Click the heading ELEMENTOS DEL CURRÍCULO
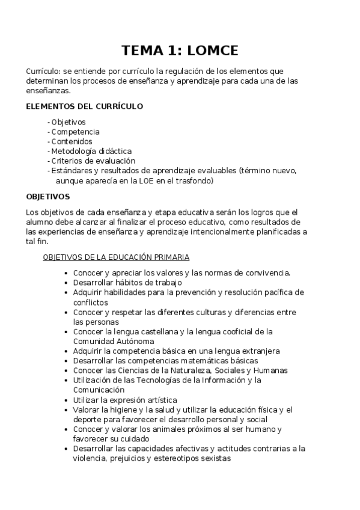click(x=84, y=106)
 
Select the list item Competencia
click(x=75, y=132)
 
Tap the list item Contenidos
click(x=73, y=141)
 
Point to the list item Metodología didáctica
click(x=91, y=151)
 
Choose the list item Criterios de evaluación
click(x=93, y=161)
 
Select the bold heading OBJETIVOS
click(x=48, y=197)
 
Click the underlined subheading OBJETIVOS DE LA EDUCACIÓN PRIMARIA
click(x=116, y=257)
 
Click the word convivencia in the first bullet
click(x=267, y=273)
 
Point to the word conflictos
click(x=91, y=302)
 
